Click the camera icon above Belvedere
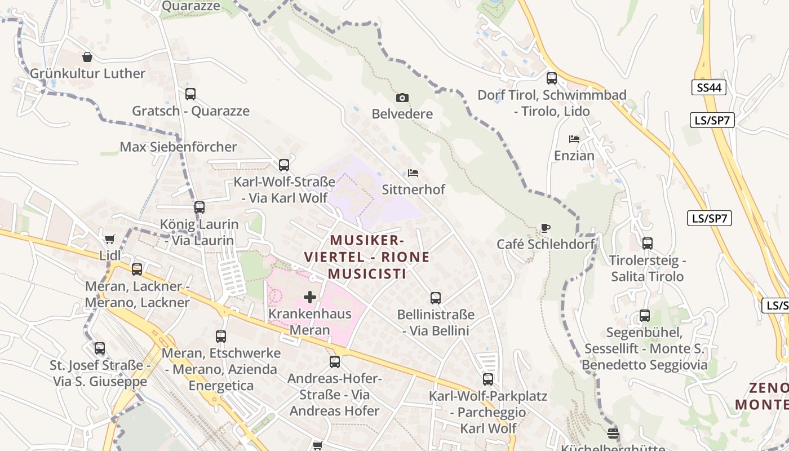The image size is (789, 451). pyautogui.click(x=402, y=98)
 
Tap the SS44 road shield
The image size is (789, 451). pyautogui.click(x=709, y=87)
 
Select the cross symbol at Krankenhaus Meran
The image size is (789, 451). pyautogui.click(x=309, y=297)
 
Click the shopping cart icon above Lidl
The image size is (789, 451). pyautogui.click(x=110, y=239)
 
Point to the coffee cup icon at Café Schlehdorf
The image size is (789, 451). pyautogui.click(x=545, y=228)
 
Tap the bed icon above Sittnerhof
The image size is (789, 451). pyautogui.click(x=413, y=173)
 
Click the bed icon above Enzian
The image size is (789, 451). pyautogui.click(x=574, y=139)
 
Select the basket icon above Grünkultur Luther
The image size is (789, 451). pyautogui.click(x=87, y=57)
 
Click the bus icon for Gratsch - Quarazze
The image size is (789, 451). pyautogui.click(x=190, y=94)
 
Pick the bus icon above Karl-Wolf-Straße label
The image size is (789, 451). pyautogui.click(x=284, y=165)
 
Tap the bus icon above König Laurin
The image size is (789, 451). pyautogui.click(x=199, y=207)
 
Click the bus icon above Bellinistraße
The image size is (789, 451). pyautogui.click(x=436, y=298)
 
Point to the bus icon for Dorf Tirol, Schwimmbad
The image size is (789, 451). pyautogui.click(x=552, y=78)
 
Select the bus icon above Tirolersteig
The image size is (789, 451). pyautogui.click(x=648, y=244)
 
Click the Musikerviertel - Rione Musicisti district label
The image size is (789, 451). pyautogui.click(x=367, y=257)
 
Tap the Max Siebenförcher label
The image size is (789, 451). pyautogui.click(x=178, y=147)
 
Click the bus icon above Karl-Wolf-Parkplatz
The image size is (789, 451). pyautogui.click(x=488, y=379)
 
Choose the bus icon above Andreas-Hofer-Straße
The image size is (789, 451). pyautogui.click(x=335, y=362)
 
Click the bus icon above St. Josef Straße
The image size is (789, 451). pyautogui.click(x=100, y=348)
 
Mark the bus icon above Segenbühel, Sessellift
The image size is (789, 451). pyautogui.click(x=644, y=316)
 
